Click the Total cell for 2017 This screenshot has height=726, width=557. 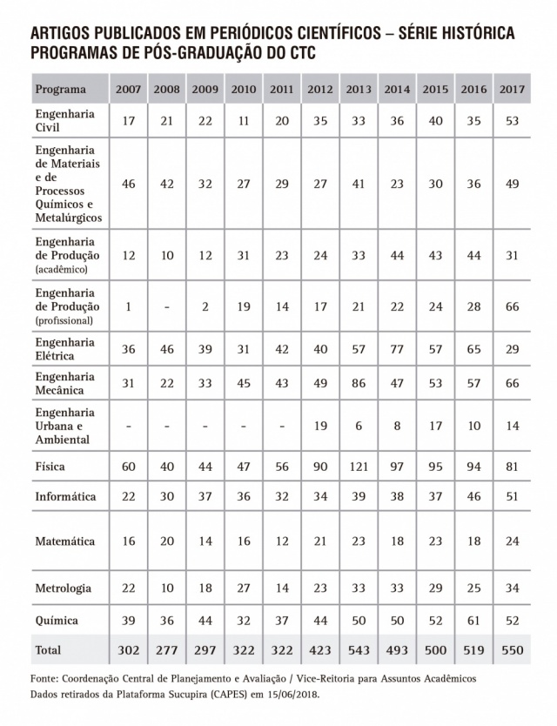coord(511,649)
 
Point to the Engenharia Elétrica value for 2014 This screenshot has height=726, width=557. coord(397,349)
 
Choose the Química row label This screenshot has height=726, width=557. coord(57,621)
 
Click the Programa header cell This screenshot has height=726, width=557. coord(61,89)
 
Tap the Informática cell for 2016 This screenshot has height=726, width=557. coord(473,496)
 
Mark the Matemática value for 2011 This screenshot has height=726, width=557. coord(281,541)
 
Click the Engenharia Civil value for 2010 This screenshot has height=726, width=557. coord(244,120)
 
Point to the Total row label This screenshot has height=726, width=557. coord(48,649)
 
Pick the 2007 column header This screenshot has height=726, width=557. coord(128,89)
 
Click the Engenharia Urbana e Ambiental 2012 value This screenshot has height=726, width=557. coord(320,426)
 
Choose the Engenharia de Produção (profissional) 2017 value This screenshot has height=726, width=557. coord(511,306)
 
